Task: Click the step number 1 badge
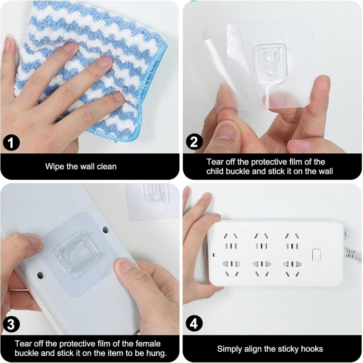click(11, 143)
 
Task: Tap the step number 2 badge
click(194, 142)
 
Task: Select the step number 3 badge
click(11, 324)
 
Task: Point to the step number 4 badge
click(194, 323)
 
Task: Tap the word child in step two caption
click(215, 172)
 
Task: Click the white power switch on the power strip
click(316, 255)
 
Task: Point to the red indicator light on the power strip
click(213, 255)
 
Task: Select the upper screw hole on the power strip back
click(106, 230)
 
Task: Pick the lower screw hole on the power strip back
click(40, 275)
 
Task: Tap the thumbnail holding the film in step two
click(225, 130)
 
